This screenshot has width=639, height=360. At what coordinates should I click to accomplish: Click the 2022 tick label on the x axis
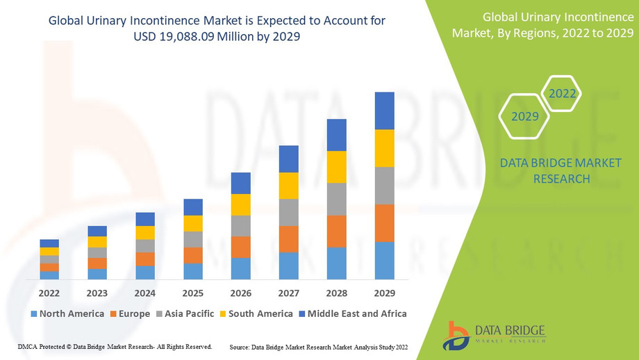(49, 293)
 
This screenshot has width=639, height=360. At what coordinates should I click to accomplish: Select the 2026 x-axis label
(240, 293)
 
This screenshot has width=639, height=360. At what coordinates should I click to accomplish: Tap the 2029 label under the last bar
(384, 293)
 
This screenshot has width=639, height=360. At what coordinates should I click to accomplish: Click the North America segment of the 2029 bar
(384, 261)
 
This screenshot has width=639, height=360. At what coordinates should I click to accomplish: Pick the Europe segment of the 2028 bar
(337, 231)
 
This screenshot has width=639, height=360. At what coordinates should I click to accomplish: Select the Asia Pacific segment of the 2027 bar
(289, 213)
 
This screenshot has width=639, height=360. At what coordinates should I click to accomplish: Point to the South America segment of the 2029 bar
(384, 148)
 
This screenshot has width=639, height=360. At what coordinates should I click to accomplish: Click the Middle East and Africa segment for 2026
(240, 183)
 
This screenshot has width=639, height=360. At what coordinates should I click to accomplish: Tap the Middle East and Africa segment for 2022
(49, 243)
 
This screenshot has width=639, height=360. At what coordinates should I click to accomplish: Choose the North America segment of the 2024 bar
(145, 272)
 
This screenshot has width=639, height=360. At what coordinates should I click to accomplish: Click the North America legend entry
(67, 314)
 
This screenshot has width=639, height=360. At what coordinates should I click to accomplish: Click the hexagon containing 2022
(561, 92)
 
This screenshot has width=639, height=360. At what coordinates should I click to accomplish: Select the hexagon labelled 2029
(525, 116)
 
